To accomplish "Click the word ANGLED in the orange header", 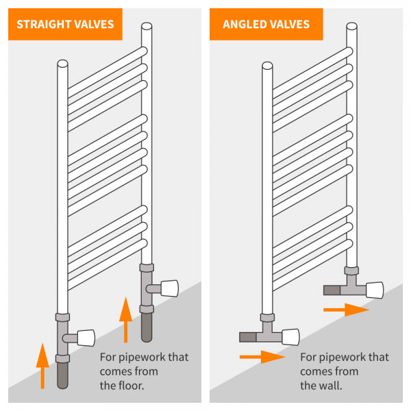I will pos(247,25).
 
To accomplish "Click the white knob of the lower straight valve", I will pos(86,337).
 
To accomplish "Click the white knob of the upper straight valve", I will pos(169,287).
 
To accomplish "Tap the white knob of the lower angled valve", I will pos(290,336).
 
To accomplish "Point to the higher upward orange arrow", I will pos(125,319).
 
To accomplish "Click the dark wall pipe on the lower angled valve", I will pos(247,336).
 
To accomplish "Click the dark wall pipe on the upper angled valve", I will pos(331,290).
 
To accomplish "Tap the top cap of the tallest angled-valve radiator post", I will pos(351,27).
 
